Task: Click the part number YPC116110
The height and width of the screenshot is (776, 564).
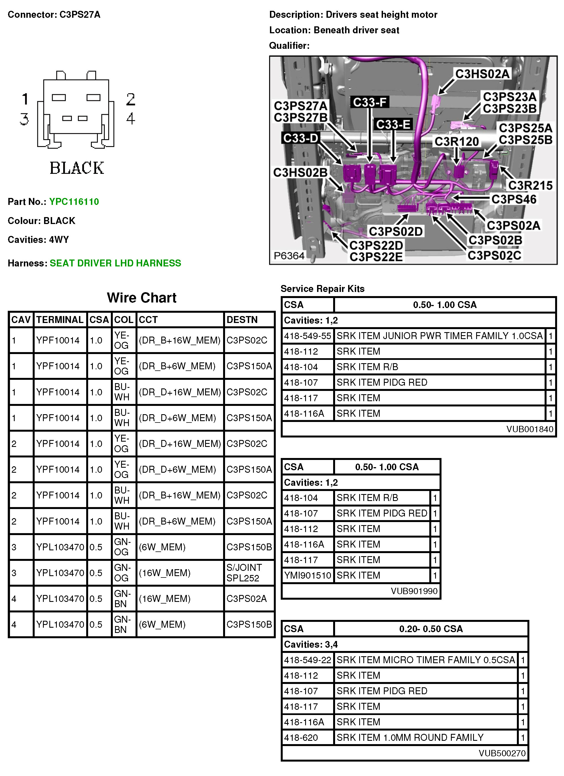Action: point(74,202)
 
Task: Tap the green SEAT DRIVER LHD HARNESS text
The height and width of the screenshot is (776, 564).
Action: point(115,263)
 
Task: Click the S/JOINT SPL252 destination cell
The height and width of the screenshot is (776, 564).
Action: point(244,573)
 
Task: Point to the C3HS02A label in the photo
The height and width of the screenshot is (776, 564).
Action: point(482,73)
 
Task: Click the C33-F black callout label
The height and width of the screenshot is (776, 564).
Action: point(369,102)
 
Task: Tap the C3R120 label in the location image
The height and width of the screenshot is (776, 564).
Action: point(456,141)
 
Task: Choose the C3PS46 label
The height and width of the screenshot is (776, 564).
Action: point(514,199)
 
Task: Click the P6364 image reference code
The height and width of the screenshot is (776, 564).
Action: point(289,256)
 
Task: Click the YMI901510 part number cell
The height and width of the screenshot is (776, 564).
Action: point(307,575)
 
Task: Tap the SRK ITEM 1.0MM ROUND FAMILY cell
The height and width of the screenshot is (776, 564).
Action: point(410,737)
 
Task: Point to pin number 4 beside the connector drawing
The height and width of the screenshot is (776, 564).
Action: point(131,118)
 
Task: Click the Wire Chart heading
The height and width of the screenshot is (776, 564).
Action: point(142,298)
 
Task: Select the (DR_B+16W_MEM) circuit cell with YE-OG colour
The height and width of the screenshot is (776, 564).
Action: point(180,340)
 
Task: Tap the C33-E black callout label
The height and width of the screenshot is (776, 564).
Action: point(393,124)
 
